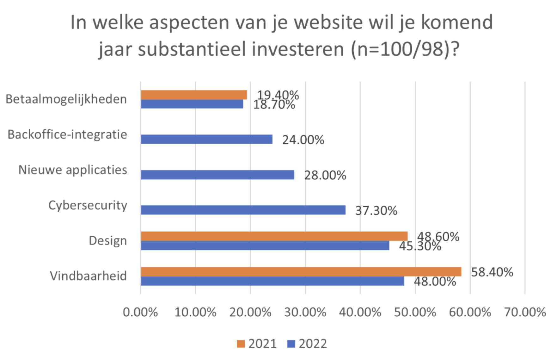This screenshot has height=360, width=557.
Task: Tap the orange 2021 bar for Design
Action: tap(274, 236)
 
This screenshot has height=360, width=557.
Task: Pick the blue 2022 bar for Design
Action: tap(265, 245)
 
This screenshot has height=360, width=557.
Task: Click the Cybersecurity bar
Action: tap(243, 210)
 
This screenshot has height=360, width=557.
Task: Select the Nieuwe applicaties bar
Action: tap(217, 175)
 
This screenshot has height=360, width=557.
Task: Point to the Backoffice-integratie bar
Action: tap(206, 139)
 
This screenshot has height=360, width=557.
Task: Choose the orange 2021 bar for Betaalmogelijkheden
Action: tap(194, 95)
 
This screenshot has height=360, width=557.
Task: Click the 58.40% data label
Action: tap(492, 272)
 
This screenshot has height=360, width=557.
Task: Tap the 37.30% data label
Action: tap(376, 211)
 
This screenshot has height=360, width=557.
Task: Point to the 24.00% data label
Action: tap(303, 140)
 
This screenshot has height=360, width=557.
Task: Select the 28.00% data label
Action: tap(325, 175)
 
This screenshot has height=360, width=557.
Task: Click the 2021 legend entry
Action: tap(257, 344)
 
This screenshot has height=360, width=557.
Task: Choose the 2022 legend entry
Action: tap(307, 344)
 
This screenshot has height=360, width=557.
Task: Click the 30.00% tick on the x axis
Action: tap(305, 313)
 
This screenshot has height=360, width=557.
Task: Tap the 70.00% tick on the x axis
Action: tap(525, 313)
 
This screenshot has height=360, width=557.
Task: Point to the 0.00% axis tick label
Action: tap(140, 313)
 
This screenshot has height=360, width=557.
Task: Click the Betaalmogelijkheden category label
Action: tap(66, 99)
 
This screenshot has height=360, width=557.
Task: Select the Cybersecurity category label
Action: tap(88, 205)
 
